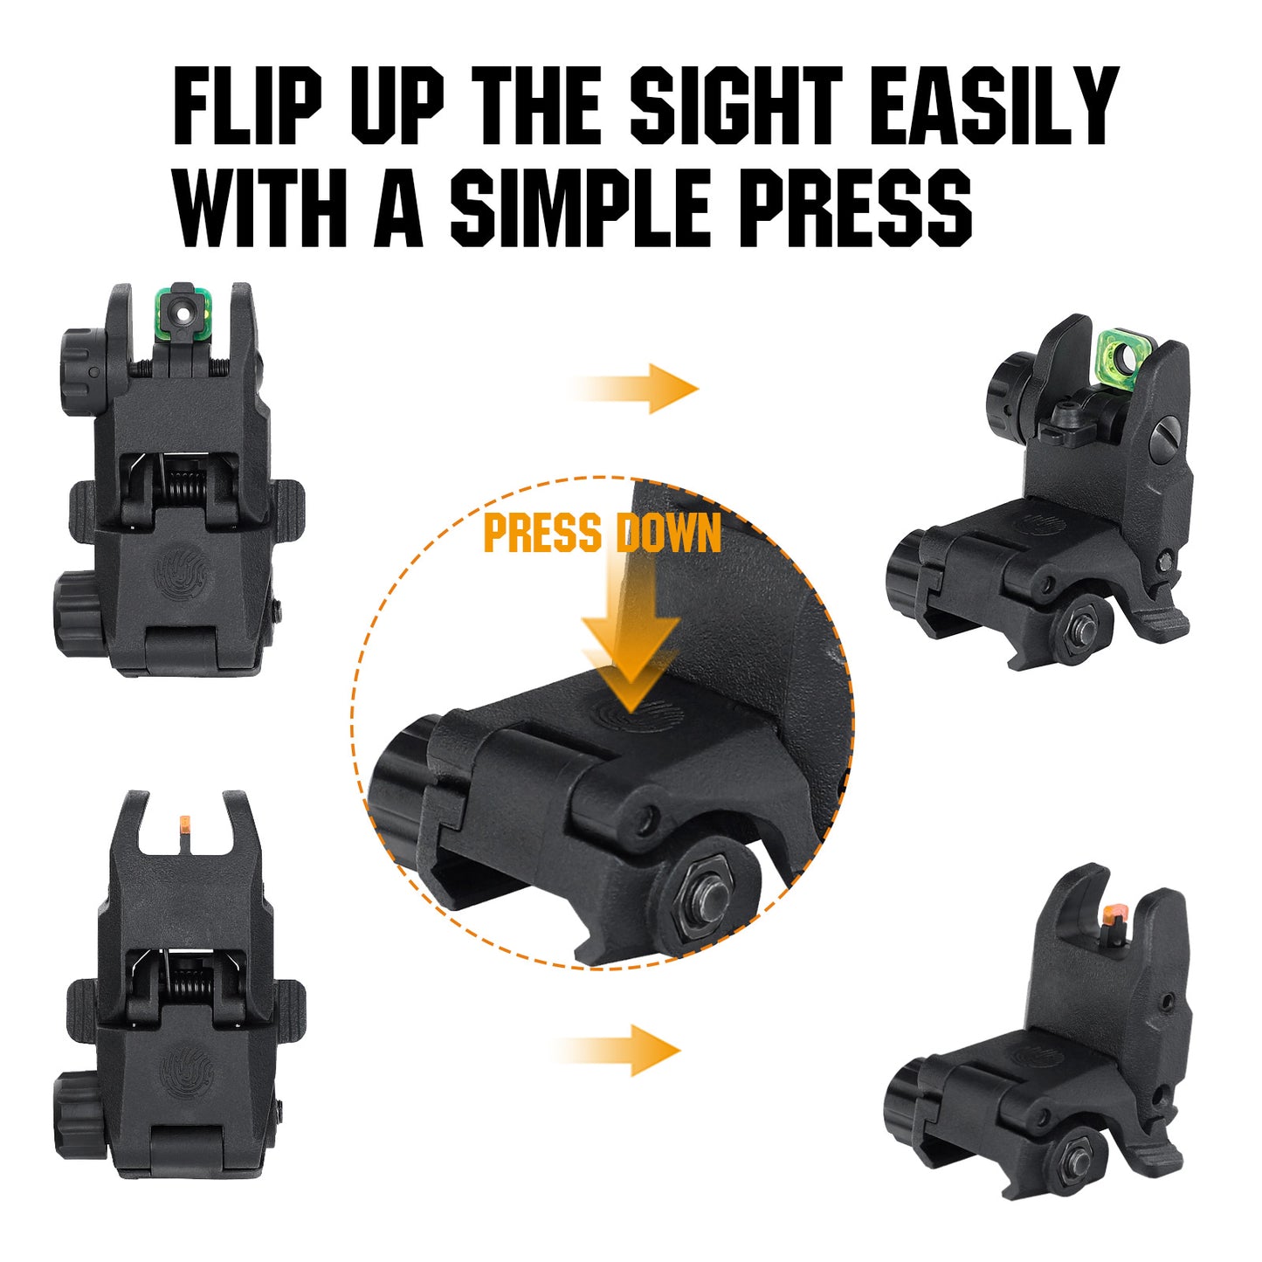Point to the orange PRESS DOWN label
click(x=603, y=533)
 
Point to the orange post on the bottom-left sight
click(x=184, y=822)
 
